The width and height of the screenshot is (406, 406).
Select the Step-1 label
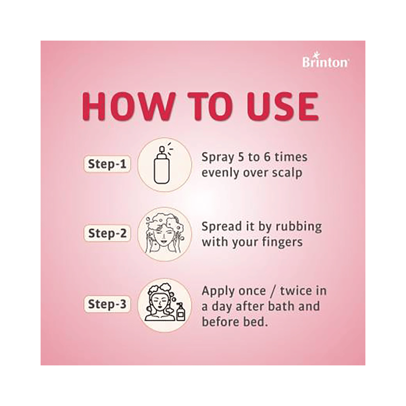tap(107, 164)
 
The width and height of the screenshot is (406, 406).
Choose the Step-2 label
tap(107, 233)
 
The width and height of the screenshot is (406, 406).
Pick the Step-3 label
tap(107, 304)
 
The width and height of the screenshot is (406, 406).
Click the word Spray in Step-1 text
tap(218, 158)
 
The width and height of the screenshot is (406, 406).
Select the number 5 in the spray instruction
tap(241, 157)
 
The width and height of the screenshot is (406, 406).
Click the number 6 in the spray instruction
tap(267, 157)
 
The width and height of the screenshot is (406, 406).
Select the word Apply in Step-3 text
tap(218, 292)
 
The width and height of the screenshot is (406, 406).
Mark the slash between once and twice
tap(272, 291)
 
